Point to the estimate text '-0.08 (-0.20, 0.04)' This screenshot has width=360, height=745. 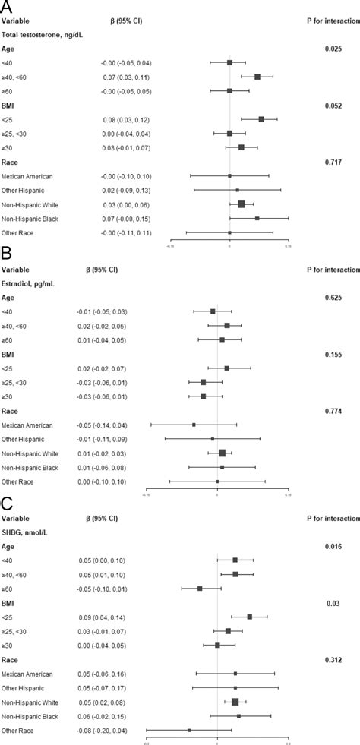coord(106,731)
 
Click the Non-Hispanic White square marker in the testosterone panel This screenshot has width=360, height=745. coord(242,204)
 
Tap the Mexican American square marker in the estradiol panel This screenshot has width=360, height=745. coord(194,425)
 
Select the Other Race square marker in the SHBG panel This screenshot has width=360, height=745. coord(189,731)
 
